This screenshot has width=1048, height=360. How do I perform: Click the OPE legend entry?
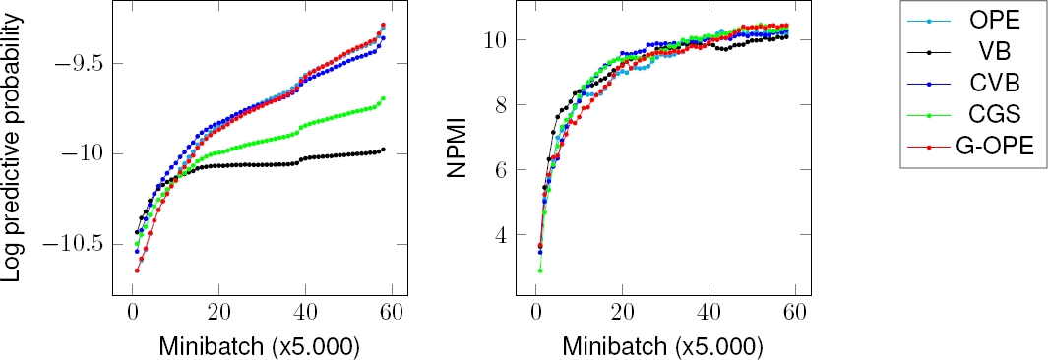coord(975,20)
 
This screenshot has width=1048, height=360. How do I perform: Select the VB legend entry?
coord(975,51)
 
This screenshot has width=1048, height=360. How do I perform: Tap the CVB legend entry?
coord(975,83)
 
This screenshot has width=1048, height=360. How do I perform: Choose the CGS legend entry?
coord(975,114)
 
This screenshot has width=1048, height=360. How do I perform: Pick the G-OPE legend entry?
coord(975,146)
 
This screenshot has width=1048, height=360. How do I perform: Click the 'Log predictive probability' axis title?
coord(14,152)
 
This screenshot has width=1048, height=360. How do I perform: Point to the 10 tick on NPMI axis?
coord(494,40)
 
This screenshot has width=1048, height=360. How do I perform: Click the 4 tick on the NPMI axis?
coord(499,235)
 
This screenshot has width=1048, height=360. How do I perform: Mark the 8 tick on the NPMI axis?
coord(499,105)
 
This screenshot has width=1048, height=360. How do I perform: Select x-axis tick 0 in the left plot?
coord(132,313)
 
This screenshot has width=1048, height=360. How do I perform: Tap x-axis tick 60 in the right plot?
coord(795,313)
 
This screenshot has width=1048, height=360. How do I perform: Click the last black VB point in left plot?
coord(383,150)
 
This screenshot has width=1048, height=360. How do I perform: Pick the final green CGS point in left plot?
coord(383,98)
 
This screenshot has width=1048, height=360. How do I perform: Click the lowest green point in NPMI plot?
coord(539,270)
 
